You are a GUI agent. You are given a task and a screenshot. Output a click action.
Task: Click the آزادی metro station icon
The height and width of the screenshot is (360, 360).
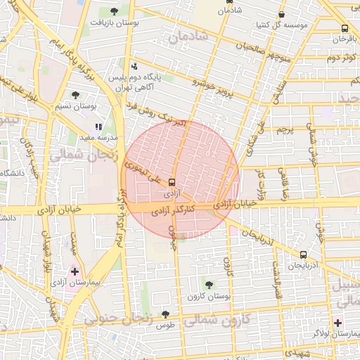point(173,181)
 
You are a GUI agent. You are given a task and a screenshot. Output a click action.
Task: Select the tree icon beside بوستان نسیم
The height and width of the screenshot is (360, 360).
point(75,95)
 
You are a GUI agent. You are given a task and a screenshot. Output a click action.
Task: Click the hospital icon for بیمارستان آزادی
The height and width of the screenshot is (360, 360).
point(75,271)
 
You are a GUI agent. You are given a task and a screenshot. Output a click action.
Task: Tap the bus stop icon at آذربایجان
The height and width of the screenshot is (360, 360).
point(303,255)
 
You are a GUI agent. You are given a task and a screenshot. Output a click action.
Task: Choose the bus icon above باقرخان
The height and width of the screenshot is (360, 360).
point(344,29)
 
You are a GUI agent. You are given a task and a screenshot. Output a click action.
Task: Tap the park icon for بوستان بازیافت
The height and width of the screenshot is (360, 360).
point(115,11)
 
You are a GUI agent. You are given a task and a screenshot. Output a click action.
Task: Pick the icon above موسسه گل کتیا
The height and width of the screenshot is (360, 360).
point(282,13)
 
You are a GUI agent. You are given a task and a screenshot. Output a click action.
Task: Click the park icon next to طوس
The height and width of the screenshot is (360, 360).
point(165,314)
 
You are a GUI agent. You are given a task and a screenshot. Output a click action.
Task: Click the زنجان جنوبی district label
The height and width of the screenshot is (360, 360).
point(119,319)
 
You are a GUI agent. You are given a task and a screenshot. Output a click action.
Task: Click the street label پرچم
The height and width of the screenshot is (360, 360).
point(284,130)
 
